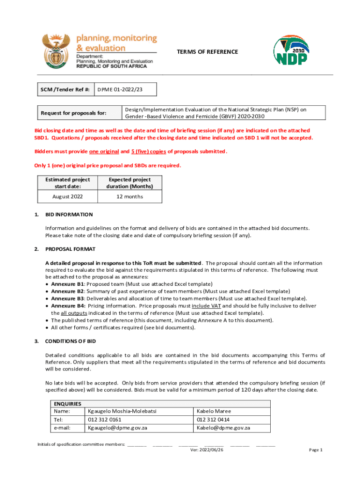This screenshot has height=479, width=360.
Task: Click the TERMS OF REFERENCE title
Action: (207, 52)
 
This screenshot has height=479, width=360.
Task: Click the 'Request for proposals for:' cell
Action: (74, 113)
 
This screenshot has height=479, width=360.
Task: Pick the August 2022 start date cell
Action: (67, 196)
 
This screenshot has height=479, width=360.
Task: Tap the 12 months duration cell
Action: (130, 196)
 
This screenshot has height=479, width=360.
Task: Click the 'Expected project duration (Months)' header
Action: (130, 183)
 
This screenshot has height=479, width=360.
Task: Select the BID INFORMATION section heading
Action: (69, 214)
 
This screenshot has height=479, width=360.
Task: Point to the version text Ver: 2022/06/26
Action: (207, 450)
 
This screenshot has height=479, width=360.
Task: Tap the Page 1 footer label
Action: (316, 450)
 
